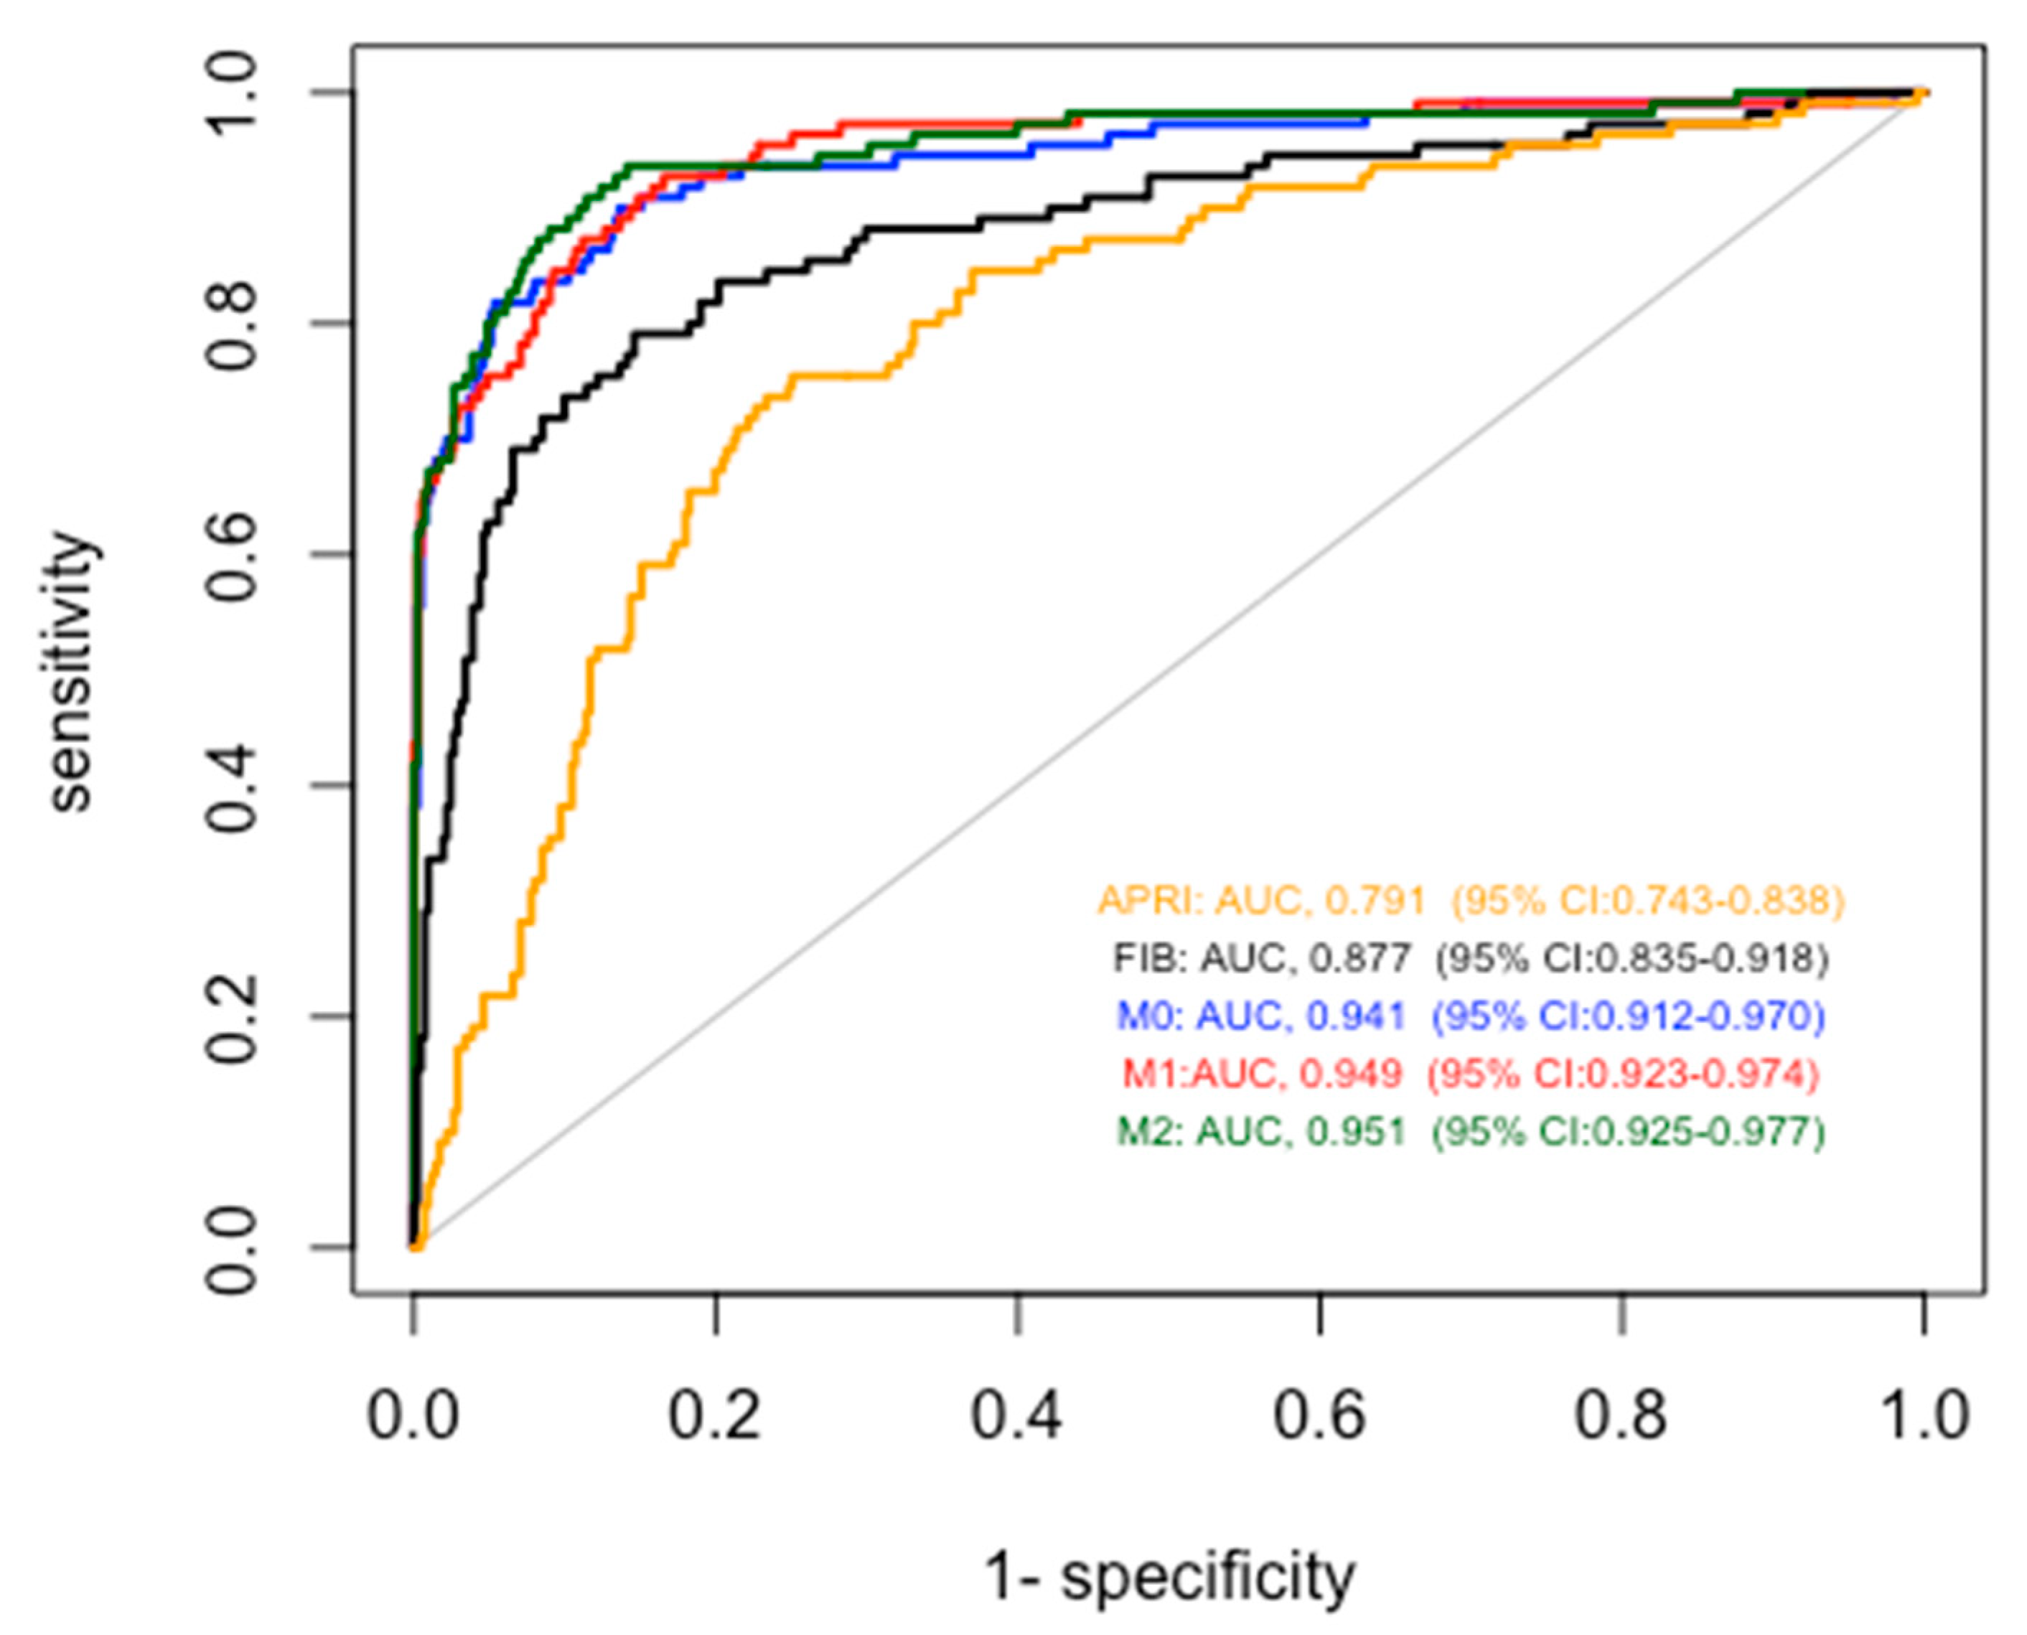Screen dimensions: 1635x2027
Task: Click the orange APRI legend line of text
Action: coord(1470,900)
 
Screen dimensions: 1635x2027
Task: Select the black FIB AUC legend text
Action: coord(1470,959)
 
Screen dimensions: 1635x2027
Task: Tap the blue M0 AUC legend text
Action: coord(1470,1016)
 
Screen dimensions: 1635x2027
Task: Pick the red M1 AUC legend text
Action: coord(1470,1074)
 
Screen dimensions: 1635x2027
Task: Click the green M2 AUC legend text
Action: coord(1470,1131)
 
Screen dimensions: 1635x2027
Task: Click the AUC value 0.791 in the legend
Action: coord(1375,900)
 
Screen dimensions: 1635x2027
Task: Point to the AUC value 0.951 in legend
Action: coord(1357,1131)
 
